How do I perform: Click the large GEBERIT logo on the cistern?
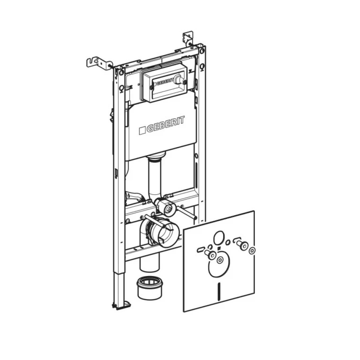tap(162, 125)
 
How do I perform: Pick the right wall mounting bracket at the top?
tap(188, 38)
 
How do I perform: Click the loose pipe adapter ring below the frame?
tap(150, 288)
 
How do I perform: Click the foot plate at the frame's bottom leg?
tap(122, 305)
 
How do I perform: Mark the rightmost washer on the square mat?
tap(252, 250)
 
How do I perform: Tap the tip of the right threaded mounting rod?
tap(195, 218)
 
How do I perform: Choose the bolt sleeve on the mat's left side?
tap(210, 255)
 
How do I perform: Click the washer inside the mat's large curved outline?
tap(220, 260)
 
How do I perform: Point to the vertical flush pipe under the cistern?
tap(154, 176)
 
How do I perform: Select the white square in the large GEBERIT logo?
tap(142, 130)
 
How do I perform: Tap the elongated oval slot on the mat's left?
tap(200, 250)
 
